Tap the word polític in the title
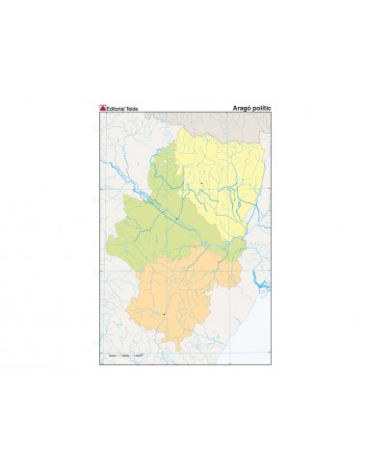tap(261, 109)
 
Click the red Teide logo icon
tap(103, 109)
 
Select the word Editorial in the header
tap(118, 109)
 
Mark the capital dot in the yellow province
tap(201, 183)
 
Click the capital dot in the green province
tap(177, 223)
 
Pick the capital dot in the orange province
tap(165, 313)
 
